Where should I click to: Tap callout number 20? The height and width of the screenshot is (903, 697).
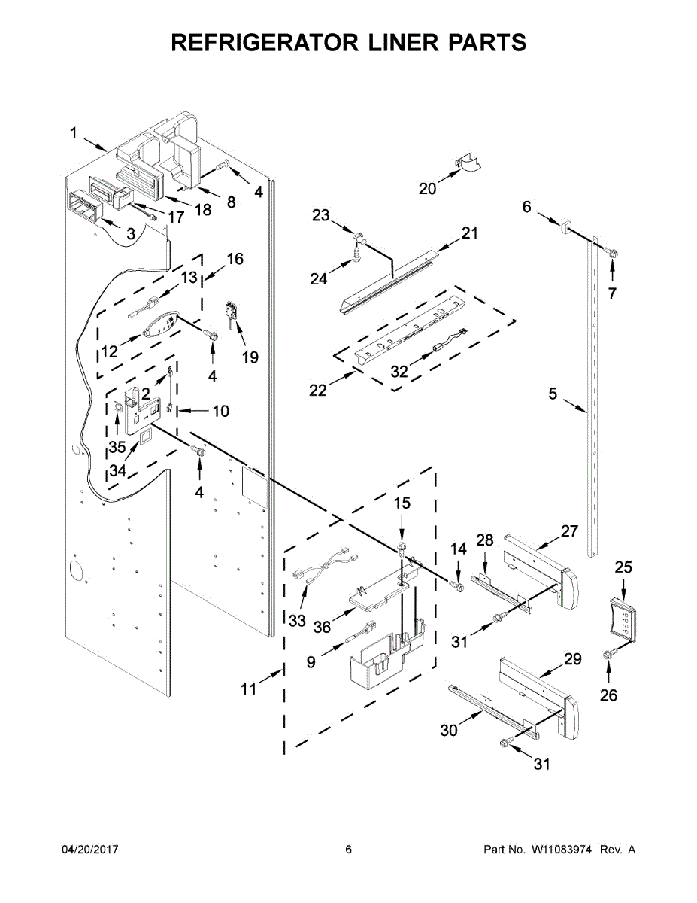[427, 189]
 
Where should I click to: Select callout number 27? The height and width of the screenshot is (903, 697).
[569, 531]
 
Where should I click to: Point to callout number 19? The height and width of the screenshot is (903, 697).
[250, 357]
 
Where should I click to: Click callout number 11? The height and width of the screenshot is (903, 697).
[248, 689]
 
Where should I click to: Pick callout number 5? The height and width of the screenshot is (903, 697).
[553, 393]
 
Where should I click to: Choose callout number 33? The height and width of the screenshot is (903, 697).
[298, 622]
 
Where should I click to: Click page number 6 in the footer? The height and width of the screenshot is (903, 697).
[348, 850]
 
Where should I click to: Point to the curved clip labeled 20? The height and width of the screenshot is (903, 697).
[468, 164]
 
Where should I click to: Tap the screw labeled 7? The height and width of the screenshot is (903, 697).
[614, 255]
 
